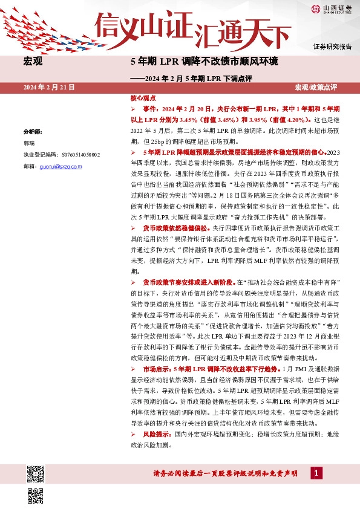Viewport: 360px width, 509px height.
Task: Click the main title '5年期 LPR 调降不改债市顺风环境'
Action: (204, 62)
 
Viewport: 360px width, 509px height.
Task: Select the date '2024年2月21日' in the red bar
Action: (49, 88)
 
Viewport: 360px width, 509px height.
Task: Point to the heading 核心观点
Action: (143, 97)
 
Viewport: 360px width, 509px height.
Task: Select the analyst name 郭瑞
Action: (29, 143)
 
